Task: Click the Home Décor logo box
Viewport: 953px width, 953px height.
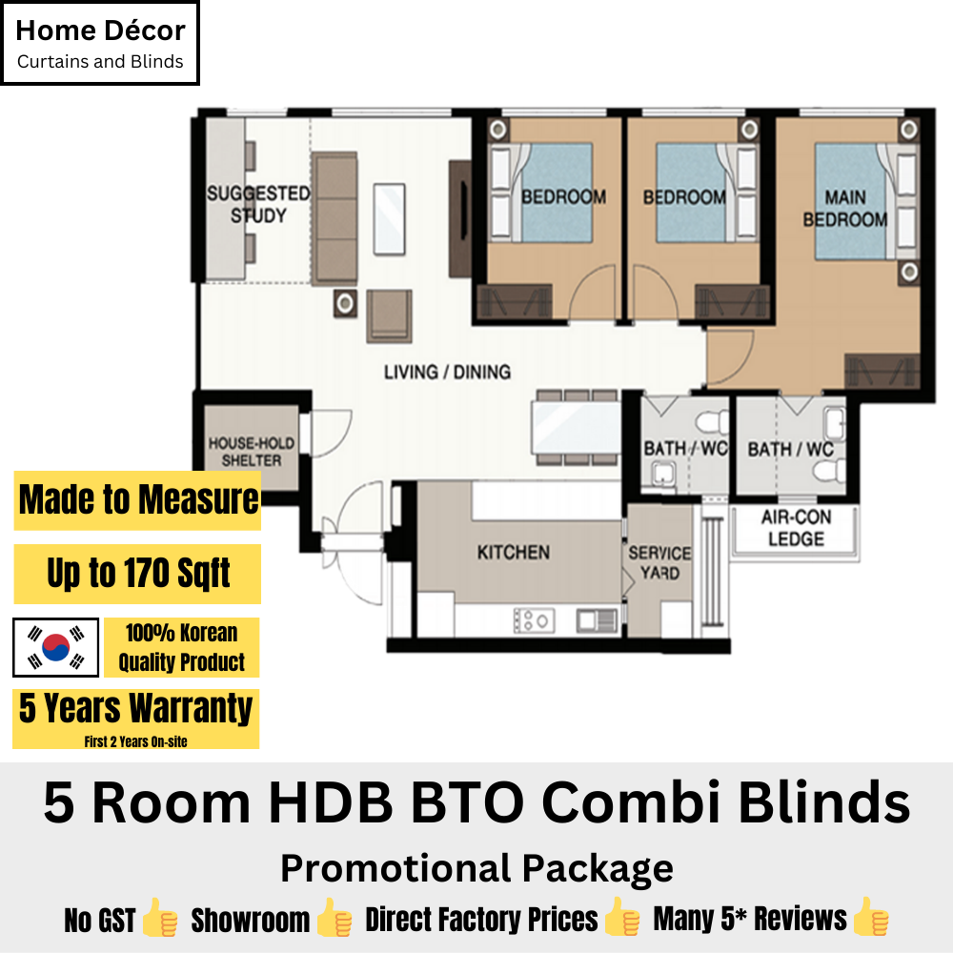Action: click(x=100, y=43)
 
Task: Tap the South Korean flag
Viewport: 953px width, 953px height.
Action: click(x=56, y=647)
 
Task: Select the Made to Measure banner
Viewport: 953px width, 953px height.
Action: click(x=137, y=499)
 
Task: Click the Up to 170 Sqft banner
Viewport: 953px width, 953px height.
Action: click(x=137, y=574)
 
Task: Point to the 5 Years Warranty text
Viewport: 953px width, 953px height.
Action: click(x=136, y=709)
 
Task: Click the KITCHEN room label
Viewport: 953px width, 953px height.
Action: click(x=513, y=553)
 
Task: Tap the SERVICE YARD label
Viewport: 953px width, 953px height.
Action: click(x=659, y=562)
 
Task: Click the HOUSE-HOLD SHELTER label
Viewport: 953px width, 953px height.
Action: click(x=252, y=452)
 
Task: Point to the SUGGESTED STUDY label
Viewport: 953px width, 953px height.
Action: click(x=258, y=205)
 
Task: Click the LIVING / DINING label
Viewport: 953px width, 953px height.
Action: click(x=447, y=372)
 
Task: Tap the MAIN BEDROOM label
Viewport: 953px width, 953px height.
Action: click(x=844, y=209)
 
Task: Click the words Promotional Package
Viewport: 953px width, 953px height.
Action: click(x=476, y=868)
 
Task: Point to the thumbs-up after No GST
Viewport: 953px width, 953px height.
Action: click(x=159, y=921)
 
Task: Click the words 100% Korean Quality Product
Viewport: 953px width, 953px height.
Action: click(x=181, y=647)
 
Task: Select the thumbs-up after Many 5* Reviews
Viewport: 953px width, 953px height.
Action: click(x=871, y=919)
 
